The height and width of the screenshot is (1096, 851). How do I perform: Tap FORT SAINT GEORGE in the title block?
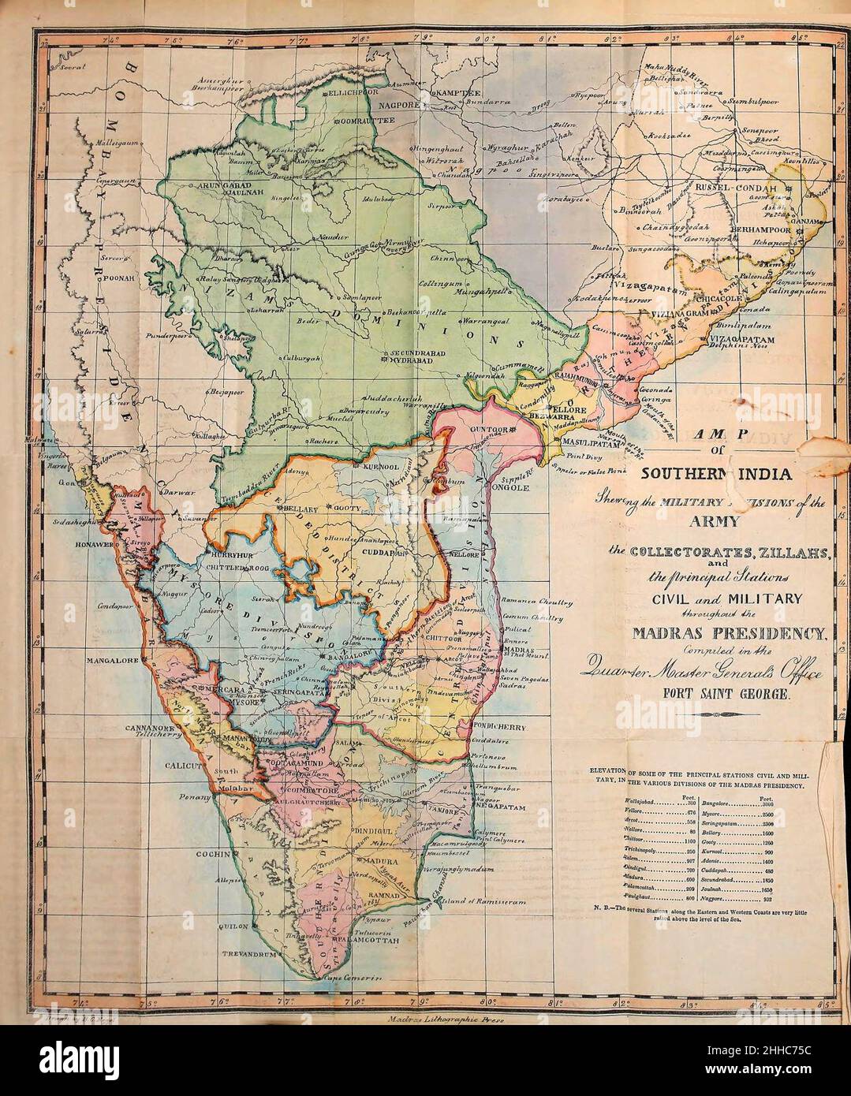715,697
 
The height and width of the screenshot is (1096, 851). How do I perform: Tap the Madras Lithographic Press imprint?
446,1018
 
